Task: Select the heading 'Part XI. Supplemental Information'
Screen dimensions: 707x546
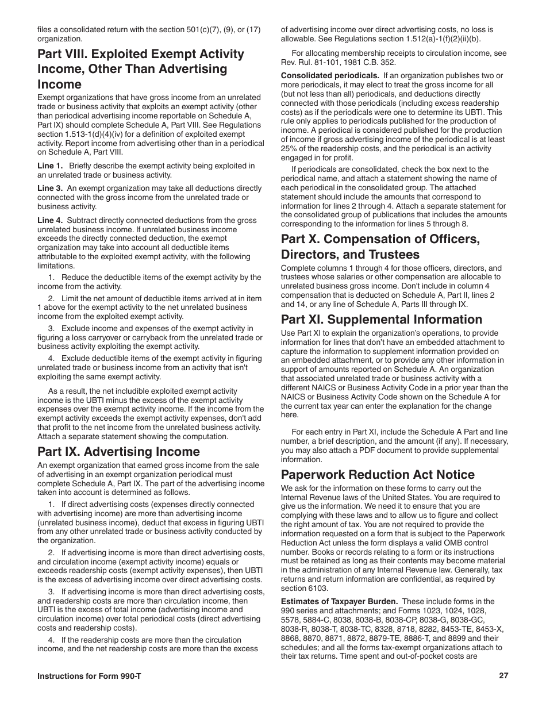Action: (x=382, y=320)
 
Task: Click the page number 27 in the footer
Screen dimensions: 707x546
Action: (x=503, y=676)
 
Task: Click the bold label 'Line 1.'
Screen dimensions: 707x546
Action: (x=50, y=166)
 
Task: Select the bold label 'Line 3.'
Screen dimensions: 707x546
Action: (x=50, y=189)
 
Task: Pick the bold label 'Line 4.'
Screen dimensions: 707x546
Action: (x=50, y=221)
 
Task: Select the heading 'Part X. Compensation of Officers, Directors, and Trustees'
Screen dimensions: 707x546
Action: (x=380, y=247)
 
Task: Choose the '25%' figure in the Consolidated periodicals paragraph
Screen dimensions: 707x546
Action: (x=290, y=149)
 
